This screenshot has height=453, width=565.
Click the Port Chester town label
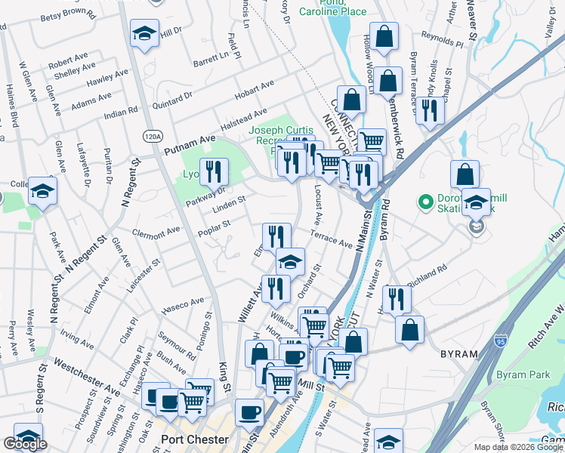point(196,439)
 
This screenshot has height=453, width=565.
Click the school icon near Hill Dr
point(143,34)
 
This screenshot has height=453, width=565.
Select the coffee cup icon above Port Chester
point(249,411)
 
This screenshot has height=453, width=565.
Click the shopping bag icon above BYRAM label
point(409,329)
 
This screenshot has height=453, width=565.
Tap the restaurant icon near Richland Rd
point(395,298)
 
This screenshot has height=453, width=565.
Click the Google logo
point(25,443)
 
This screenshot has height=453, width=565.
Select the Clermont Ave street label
point(156,230)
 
